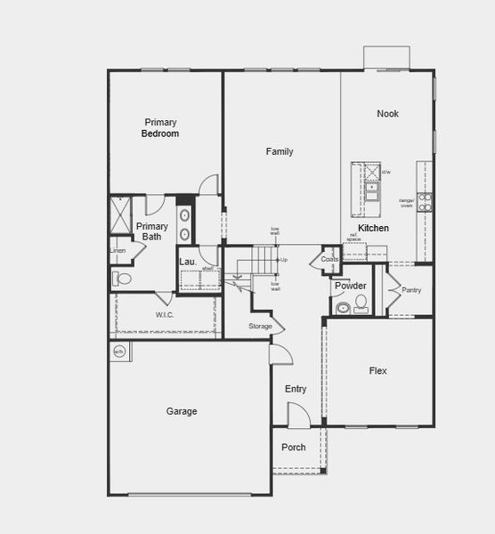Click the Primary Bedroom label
pos(161,128)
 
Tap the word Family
pos(280,152)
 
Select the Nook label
pos(387,114)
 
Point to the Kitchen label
pos(373,229)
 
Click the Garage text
pos(182,411)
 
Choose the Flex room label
pos(377,370)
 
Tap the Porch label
pos(294,448)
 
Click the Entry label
pos(296,389)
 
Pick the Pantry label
pos(411,290)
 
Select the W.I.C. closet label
pos(165,315)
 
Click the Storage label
pos(260,327)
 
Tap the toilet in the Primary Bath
pos(123,279)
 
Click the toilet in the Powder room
pos(361,304)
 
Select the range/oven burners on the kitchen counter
pos(426,201)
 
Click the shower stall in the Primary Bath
pos(120,215)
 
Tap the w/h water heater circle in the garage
pos(119,352)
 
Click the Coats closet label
pos(329,260)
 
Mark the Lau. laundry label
pos(187,262)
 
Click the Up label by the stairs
pos(284,260)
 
